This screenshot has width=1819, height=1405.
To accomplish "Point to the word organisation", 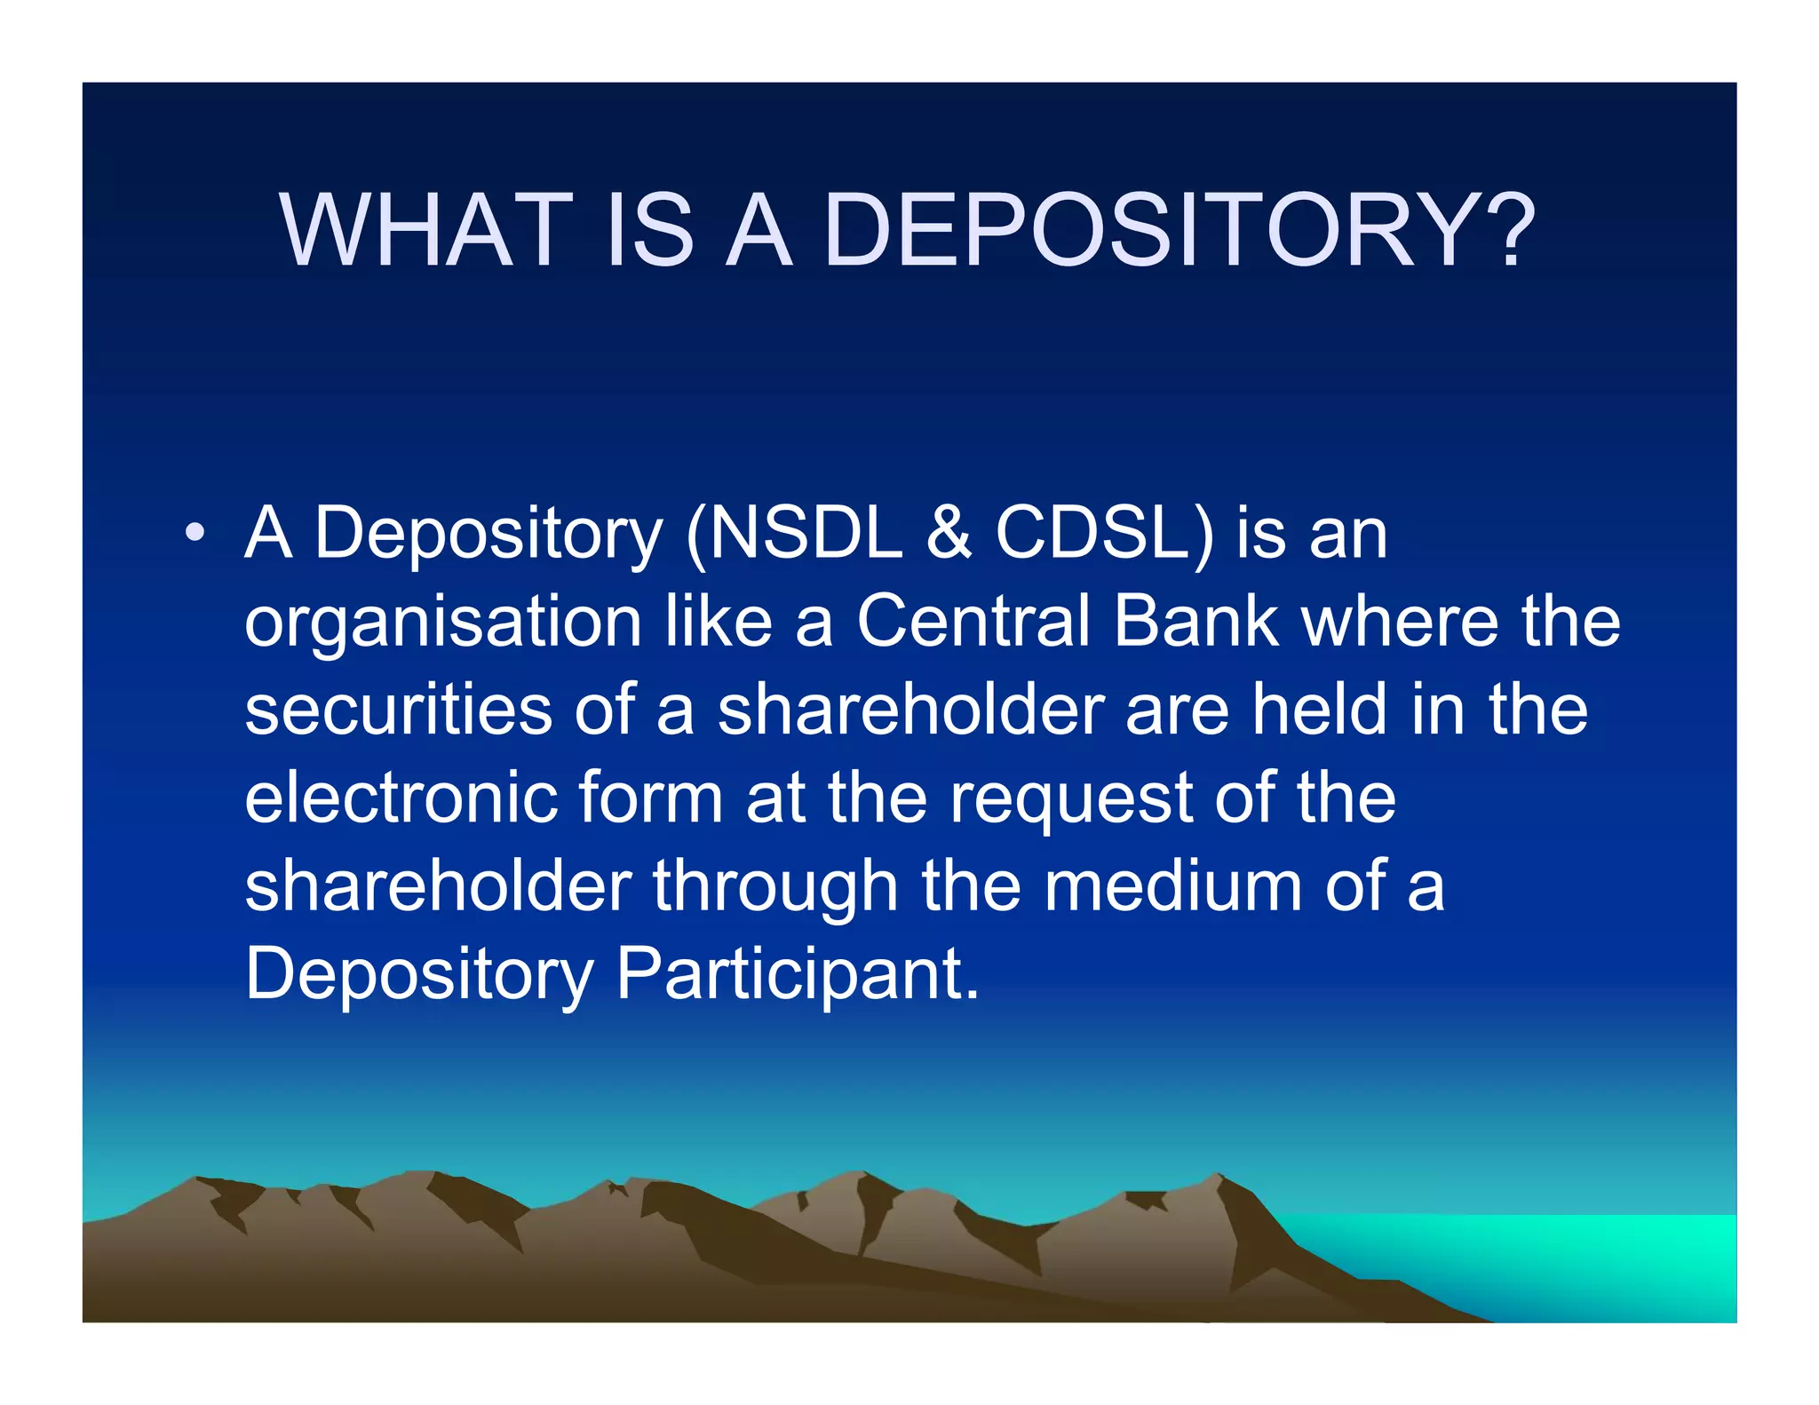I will pos(442,623).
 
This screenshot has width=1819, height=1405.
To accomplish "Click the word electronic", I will pos(401,797).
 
